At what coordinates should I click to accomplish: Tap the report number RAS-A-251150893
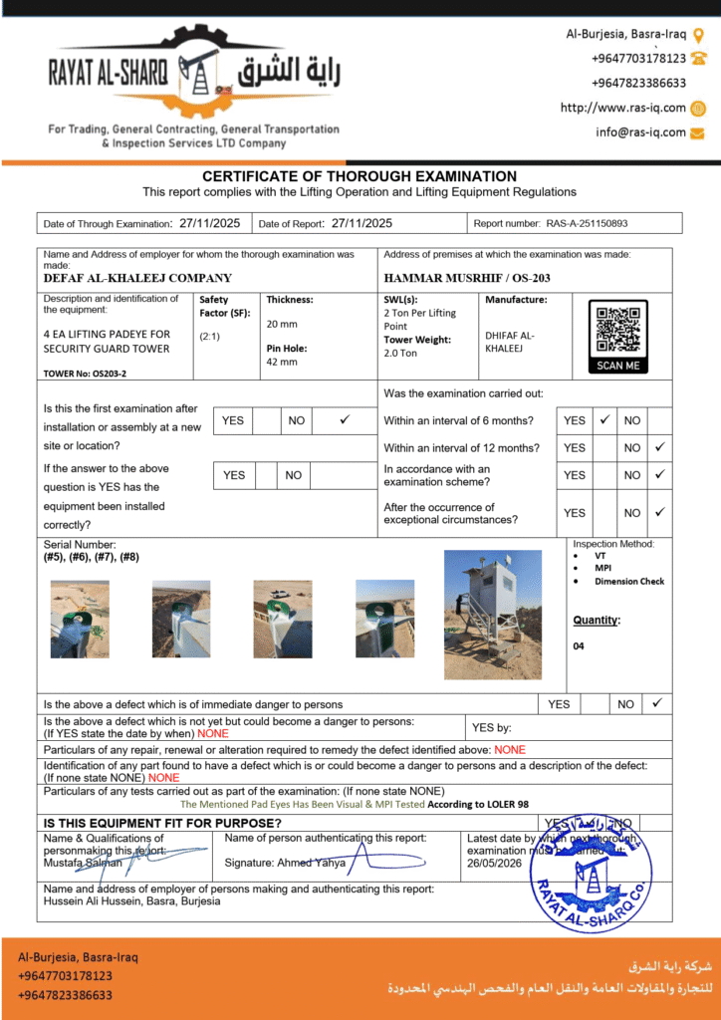[x=587, y=224]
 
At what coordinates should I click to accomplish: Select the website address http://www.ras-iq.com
[x=622, y=108]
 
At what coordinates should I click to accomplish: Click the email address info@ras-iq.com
[x=640, y=131]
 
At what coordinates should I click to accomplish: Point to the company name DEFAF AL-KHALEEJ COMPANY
[x=137, y=278]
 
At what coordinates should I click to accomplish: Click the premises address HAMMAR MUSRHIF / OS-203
[x=466, y=278]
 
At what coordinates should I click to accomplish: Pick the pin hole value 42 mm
[x=281, y=362]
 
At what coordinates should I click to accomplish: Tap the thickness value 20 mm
[x=281, y=324]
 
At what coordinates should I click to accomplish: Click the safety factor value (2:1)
[x=212, y=336]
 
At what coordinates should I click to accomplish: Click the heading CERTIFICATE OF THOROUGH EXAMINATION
[x=360, y=176]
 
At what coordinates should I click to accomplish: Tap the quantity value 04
[x=579, y=645]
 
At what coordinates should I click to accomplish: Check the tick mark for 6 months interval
[x=603, y=420]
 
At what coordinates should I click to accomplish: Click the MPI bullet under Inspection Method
[x=602, y=569]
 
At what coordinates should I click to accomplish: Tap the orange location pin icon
[x=698, y=35]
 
